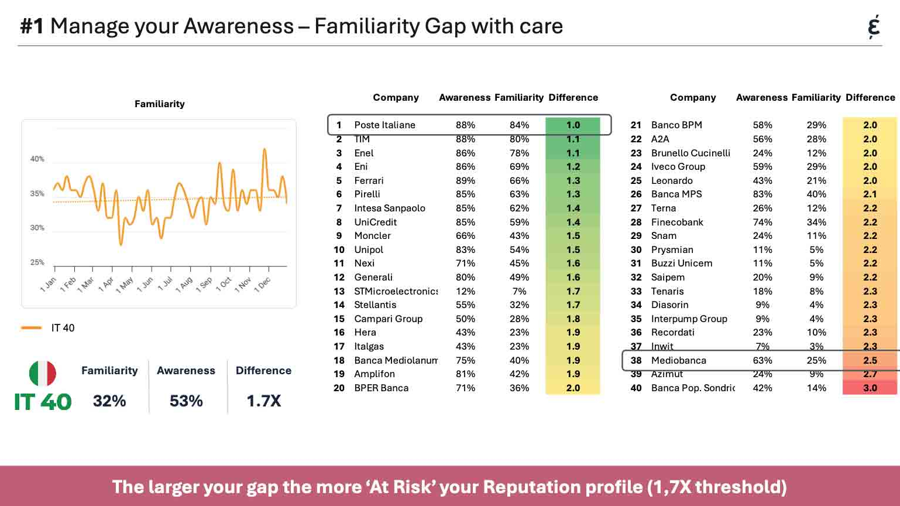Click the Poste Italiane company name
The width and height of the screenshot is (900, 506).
[x=384, y=125]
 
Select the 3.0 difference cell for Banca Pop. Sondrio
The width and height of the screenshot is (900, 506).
[x=870, y=388]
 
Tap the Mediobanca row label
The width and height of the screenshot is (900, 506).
[x=678, y=360]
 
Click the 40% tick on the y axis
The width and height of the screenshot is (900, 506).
[x=37, y=159]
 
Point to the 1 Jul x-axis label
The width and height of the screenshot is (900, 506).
[x=165, y=284]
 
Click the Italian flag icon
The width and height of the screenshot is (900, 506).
[x=43, y=373]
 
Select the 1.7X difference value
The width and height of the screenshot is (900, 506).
[x=263, y=401]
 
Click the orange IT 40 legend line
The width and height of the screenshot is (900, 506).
[x=31, y=328]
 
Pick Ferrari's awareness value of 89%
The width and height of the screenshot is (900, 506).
[x=465, y=180]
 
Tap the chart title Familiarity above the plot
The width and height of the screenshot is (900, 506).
[x=159, y=104]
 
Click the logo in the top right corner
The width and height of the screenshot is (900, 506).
[x=874, y=27]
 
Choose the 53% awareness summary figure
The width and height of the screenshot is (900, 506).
[x=186, y=401]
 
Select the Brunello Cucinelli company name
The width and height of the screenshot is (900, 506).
[x=691, y=153]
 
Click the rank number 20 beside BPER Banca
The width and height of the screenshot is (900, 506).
[x=339, y=388]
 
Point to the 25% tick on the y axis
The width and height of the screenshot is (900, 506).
[x=37, y=262]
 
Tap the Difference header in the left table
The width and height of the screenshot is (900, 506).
[x=573, y=97]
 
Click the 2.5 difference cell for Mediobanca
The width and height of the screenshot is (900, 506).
[x=870, y=360]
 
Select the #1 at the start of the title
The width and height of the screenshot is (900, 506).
[x=32, y=26]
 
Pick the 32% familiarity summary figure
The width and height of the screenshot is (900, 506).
[x=109, y=401]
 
